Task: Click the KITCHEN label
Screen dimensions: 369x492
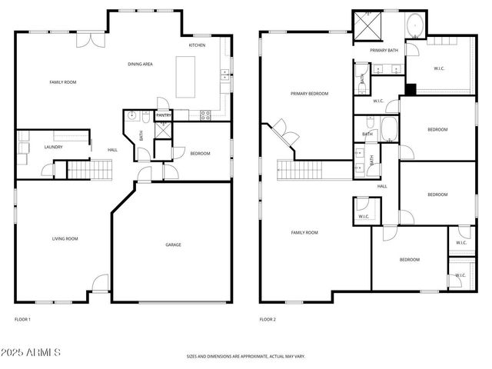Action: coord(198,45)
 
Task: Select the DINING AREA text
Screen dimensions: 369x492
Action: coord(140,64)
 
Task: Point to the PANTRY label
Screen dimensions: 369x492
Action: coord(163,115)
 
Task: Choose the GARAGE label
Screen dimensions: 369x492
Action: coord(173,244)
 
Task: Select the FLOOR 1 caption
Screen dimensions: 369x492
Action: coord(22,318)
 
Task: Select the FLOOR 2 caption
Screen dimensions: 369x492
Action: coord(267,318)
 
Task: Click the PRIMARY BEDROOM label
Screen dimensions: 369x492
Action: coord(309,94)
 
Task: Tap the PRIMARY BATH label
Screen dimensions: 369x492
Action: coord(383,51)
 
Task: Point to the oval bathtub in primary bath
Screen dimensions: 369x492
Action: coord(415,25)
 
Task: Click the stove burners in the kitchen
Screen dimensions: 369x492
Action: coord(205,115)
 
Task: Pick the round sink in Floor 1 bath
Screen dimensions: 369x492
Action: coord(132,117)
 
